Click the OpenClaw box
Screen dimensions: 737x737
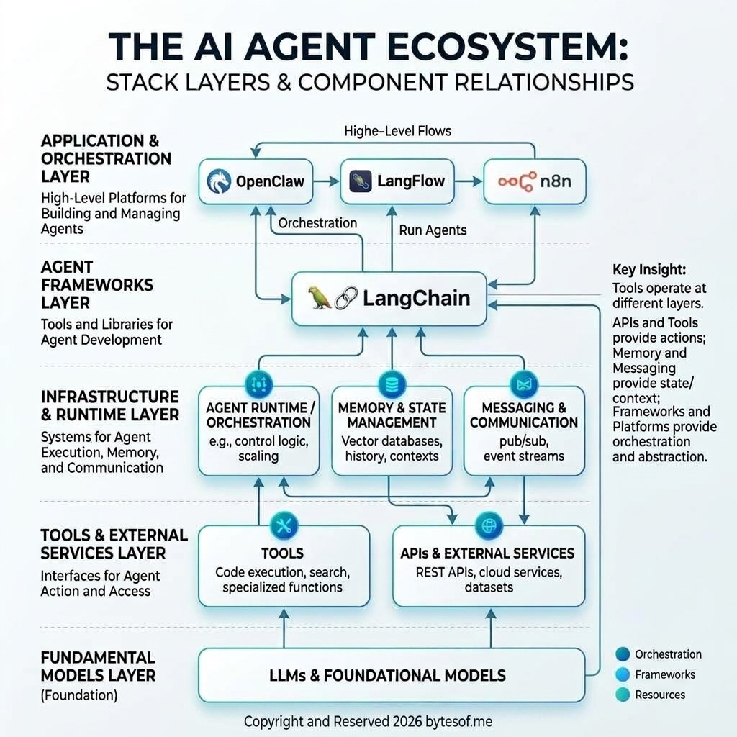point(256,181)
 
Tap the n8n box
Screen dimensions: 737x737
point(534,181)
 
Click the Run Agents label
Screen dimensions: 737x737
point(433,230)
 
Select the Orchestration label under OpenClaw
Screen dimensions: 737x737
point(317,223)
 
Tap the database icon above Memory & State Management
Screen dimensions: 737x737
point(391,381)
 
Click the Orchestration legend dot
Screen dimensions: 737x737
point(623,654)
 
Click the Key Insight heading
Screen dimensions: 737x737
point(649,270)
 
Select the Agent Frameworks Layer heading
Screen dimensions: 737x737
point(97,284)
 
